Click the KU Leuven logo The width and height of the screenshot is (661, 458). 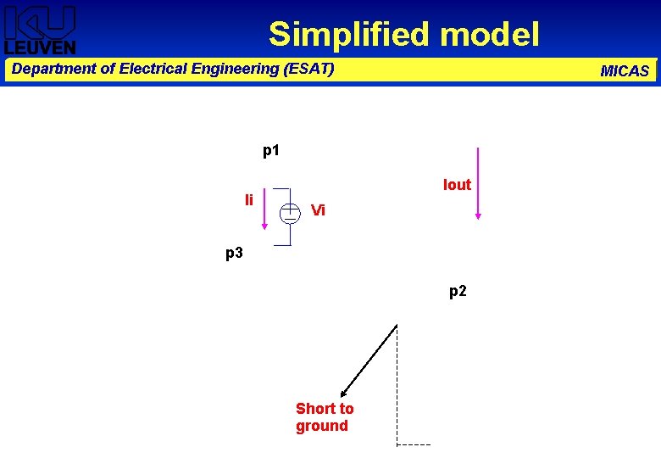click(x=40, y=30)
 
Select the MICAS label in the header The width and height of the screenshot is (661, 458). click(x=625, y=71)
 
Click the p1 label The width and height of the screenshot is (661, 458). click(x=271, y=151)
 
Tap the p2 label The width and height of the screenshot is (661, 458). click(x=458, y=292)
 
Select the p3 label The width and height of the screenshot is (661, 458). click(x=234, y=253)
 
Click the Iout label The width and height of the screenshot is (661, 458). click(x=457, y=185)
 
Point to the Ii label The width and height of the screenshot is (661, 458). click(x=249, y=200)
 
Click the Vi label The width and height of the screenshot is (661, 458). click(x=318, y=209)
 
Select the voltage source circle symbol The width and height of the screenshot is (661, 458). click(x=290, y=212)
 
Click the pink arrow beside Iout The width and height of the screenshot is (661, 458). click(x=478, y=183)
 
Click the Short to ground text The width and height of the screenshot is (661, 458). click(x=324, y=417)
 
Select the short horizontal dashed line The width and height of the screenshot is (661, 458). click(x=414, y=444)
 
